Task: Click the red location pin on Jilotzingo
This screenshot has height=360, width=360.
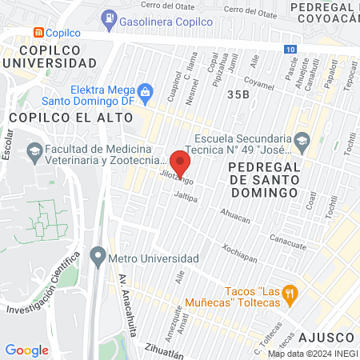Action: [x=180, y=162]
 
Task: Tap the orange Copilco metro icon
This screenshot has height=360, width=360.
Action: [x=37, y=33]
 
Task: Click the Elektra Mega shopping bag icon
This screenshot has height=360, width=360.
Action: [x=145, y=91]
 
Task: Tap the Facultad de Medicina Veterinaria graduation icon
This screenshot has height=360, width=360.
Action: [x=34, y=150]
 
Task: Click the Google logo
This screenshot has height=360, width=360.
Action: [x=26, y=350]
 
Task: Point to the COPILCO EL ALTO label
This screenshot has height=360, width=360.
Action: [x=52, y=116]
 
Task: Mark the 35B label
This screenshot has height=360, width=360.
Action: [x=238, y=94]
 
